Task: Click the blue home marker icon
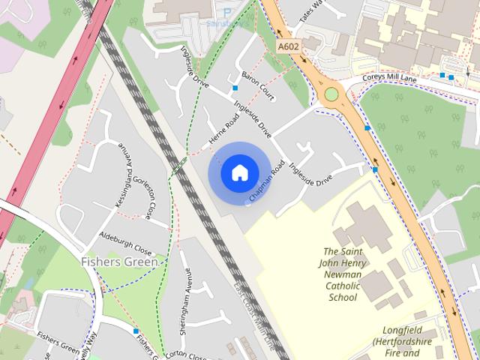click(239, 173)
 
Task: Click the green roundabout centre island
click(331, 94)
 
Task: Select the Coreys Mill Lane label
click(389, 77)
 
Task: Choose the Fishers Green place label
click(119, 262)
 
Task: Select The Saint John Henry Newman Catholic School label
click(344, 274)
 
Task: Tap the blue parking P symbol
click(227, 12)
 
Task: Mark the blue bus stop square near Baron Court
click(235, 88)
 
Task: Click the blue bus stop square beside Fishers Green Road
click(136, 331)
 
